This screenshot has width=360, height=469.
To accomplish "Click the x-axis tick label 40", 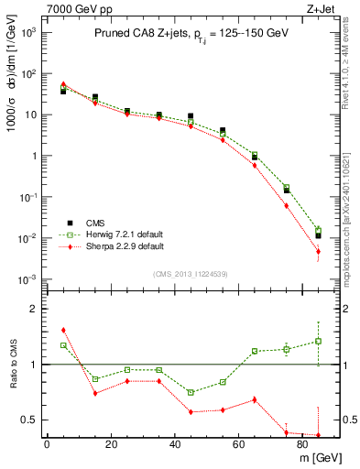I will click(x=174, y=442).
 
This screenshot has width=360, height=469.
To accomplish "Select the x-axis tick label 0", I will click(x=47, y=442).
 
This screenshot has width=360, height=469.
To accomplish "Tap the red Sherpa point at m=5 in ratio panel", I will click(x=63, y=330).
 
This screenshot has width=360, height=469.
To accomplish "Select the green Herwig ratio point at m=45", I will click(x=191, y=392).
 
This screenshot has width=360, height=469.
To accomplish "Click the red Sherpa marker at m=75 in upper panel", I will click(x=287, y=206).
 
